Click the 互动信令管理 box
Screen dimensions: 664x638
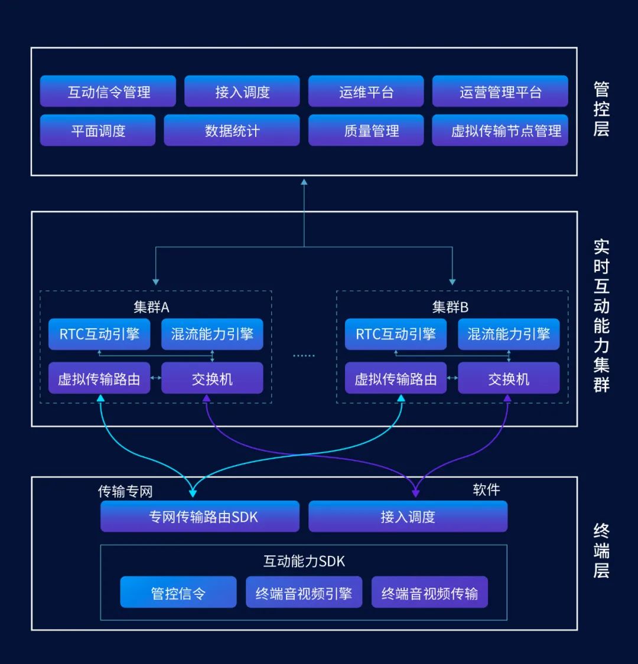point(108,91)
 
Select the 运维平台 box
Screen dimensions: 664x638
point(366,91)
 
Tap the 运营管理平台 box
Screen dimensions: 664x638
point(500,91)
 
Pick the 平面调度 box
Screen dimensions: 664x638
point(97,130)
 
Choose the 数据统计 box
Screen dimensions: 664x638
point(232,130)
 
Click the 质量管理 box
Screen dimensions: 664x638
point(366,130)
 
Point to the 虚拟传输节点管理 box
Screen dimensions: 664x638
point(500,130)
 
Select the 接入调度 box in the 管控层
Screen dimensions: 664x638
point(242,91)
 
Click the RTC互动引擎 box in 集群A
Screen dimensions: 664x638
point(99,334)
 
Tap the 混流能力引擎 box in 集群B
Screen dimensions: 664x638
point(509,334)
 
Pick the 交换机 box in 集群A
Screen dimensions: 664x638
point(212,378)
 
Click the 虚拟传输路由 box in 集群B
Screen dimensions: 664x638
point(395,378)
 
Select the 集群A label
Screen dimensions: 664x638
point(151,307)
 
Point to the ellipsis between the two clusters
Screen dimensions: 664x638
point(304,355)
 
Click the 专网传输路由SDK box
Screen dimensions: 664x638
point(200,517)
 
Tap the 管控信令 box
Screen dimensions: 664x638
point(178,593)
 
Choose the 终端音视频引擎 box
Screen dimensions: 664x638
point(304,593)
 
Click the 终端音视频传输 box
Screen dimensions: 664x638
point(429,593)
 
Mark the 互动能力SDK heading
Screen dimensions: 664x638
point(304,561)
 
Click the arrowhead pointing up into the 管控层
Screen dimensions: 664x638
point(304,182)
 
